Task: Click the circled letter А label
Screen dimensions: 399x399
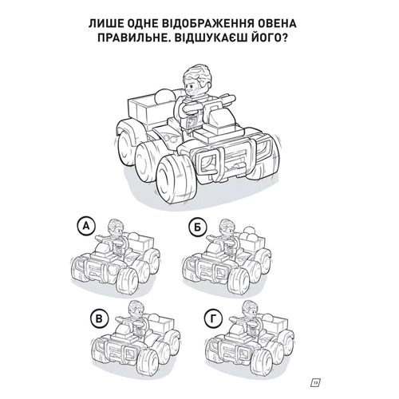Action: [85, 227]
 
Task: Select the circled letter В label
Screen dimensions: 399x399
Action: [99, 319]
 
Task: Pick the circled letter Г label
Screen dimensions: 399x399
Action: [213, 319]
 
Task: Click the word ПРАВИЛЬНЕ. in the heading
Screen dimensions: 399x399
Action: [130, 38]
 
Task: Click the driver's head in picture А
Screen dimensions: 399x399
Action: [116, 227]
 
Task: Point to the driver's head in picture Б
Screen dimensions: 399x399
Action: [227, 228]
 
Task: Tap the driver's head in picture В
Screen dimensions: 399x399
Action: [136, 310]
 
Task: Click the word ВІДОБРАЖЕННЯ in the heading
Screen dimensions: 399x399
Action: [207, 24]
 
